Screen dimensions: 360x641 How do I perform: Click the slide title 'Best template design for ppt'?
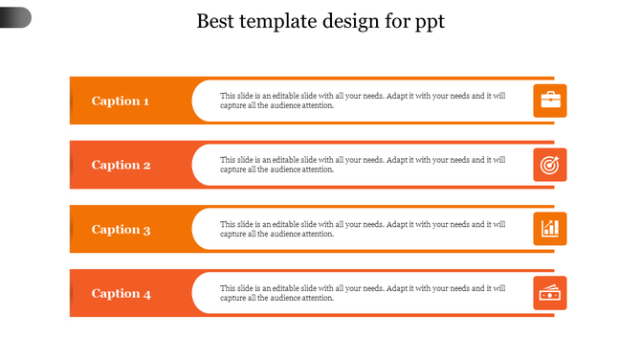pos(320,21)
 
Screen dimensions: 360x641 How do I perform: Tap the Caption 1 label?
pos(121,101)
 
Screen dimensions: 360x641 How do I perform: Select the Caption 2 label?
pos(121,165)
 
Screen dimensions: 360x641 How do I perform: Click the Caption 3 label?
pos(121,229)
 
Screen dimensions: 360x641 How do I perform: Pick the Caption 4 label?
pos(121,294)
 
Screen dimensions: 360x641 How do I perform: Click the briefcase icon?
pos(550,101)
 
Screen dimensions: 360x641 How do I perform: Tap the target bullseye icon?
pos(550,165)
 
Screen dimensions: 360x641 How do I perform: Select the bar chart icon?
pos(550,229)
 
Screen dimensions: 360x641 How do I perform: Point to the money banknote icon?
pos(550,294)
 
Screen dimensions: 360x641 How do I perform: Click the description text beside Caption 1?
pos(364,101)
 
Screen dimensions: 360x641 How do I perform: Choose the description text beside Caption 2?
pos(364,165)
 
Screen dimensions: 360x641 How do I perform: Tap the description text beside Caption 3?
pos(364,229)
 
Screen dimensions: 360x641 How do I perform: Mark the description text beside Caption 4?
pos(364,293)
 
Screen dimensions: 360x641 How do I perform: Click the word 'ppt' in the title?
pos(427,23)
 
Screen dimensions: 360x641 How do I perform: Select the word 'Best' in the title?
pos(215,21)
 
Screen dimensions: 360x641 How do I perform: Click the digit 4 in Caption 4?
pos(146,294)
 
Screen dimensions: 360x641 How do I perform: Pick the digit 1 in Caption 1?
pos(145,101)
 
